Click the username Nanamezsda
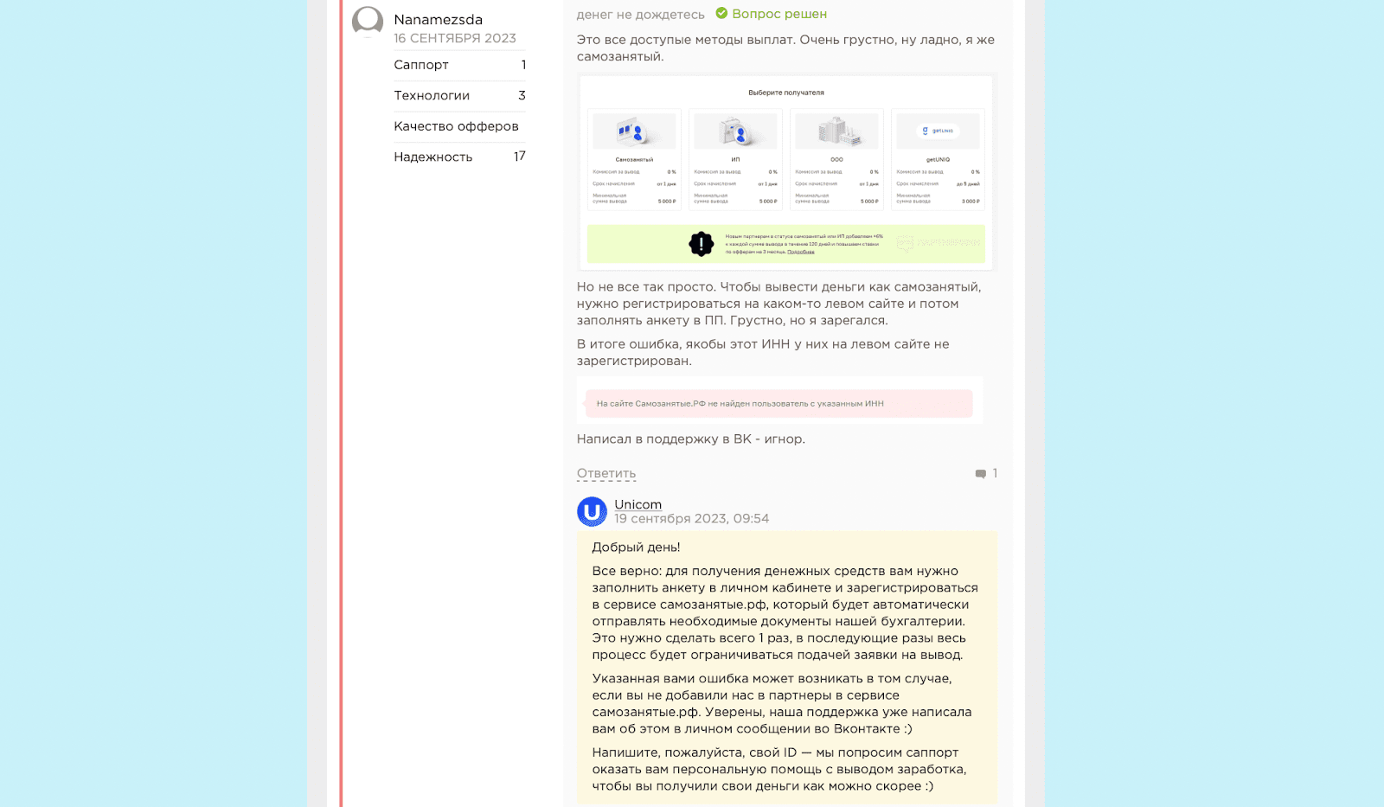click(438, 20)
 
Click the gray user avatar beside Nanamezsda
click(368, 22)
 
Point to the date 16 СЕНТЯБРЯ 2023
click(455, 38)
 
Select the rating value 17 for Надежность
click(519, 157)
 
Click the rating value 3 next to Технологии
click(522, 95)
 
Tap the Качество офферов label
click(456, 126)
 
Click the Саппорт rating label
click(421, 65)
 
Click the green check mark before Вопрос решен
click(721, 14)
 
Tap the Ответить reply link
click(606, 473)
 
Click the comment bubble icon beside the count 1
click(980, 474)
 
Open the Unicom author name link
click(638, 504)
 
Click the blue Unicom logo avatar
click(593, 512)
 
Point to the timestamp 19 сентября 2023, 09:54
click(691, 519)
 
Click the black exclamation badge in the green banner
click(701, 244)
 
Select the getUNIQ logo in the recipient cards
click(938, 131)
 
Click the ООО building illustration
click(836, 131)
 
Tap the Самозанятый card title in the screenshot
click(634, 160)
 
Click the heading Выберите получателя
click(785, 93)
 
